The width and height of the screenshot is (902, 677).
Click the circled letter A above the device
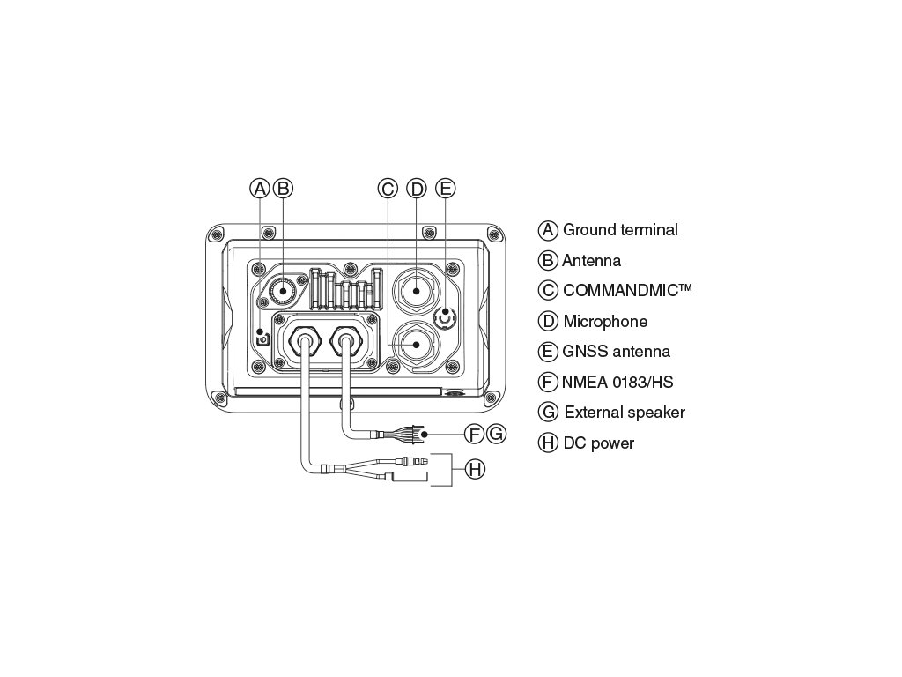point(259,188)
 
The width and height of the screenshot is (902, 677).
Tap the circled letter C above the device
point(388,188)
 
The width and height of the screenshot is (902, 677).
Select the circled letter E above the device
point(446,188)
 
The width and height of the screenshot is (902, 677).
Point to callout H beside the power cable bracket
point(475,469)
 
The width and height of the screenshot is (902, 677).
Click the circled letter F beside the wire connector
point(474,435)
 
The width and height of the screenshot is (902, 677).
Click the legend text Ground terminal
point(620,230)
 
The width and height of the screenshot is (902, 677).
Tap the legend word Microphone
point(605,322)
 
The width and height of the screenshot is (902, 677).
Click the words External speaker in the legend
point(625,413)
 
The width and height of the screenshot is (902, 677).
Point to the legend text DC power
point(598,443)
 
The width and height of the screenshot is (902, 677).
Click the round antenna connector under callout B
point(285,288)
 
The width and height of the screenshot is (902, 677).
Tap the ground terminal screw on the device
point(262,338)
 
